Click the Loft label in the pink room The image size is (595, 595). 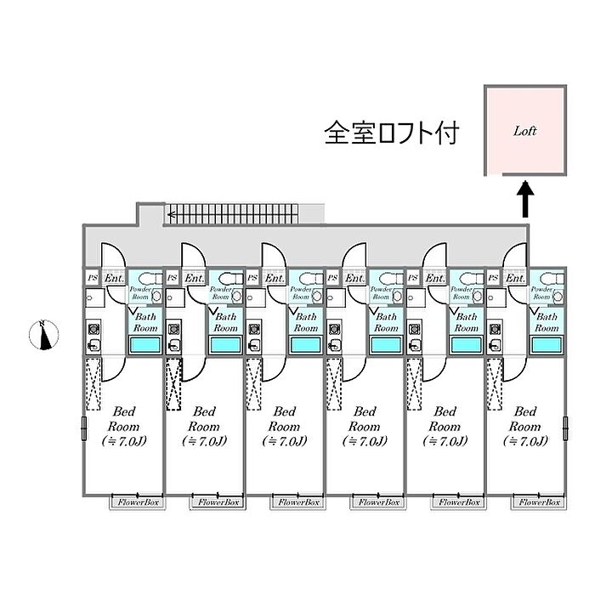(524, 132)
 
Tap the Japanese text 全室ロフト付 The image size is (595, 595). (392, 133)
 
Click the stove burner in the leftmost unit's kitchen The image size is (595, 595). (93, 327)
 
